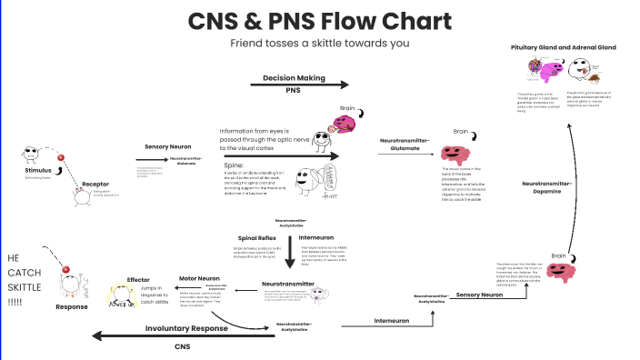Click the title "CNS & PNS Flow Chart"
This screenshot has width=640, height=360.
(319, 21)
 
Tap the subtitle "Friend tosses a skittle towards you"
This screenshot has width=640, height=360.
(319, 43)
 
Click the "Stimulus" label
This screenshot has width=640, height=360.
(38, 170)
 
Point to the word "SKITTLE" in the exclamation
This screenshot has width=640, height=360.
(26, 288)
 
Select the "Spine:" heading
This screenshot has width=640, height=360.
(231, 166)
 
